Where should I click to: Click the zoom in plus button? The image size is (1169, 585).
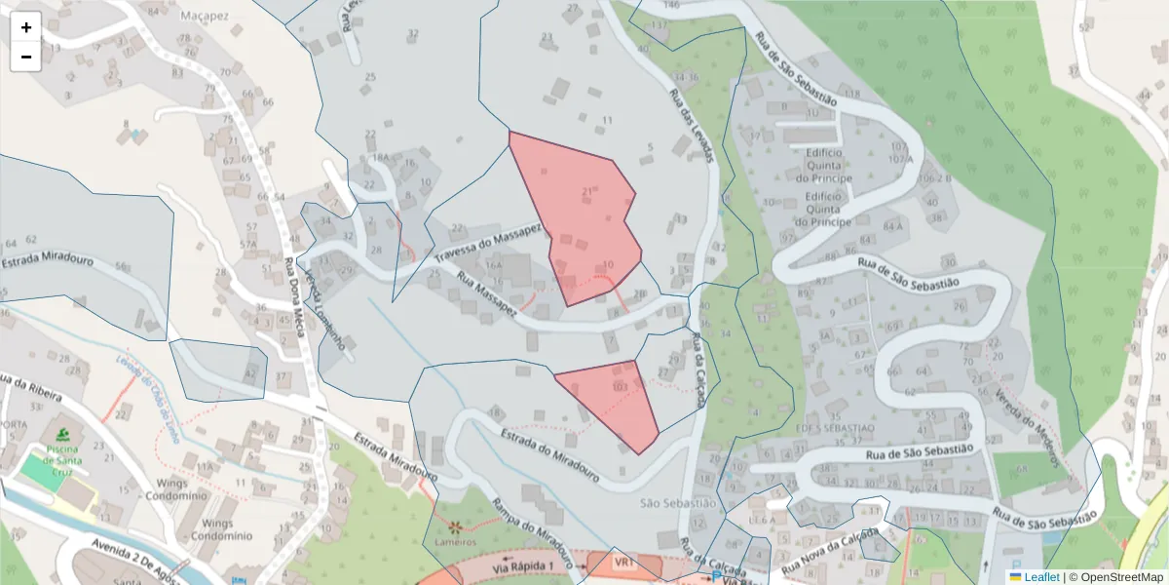pyautogui.click(x=26, y=27)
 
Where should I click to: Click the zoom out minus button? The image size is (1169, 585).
pyautogui.click(x=26, y=57)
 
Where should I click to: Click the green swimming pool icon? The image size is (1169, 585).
pyautogui.click(x=63, y=432)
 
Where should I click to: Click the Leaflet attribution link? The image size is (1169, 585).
pyautogui.click(x=1040, y=577)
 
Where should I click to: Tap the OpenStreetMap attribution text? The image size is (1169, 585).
pyautogui.click(x=1120, y=577)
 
